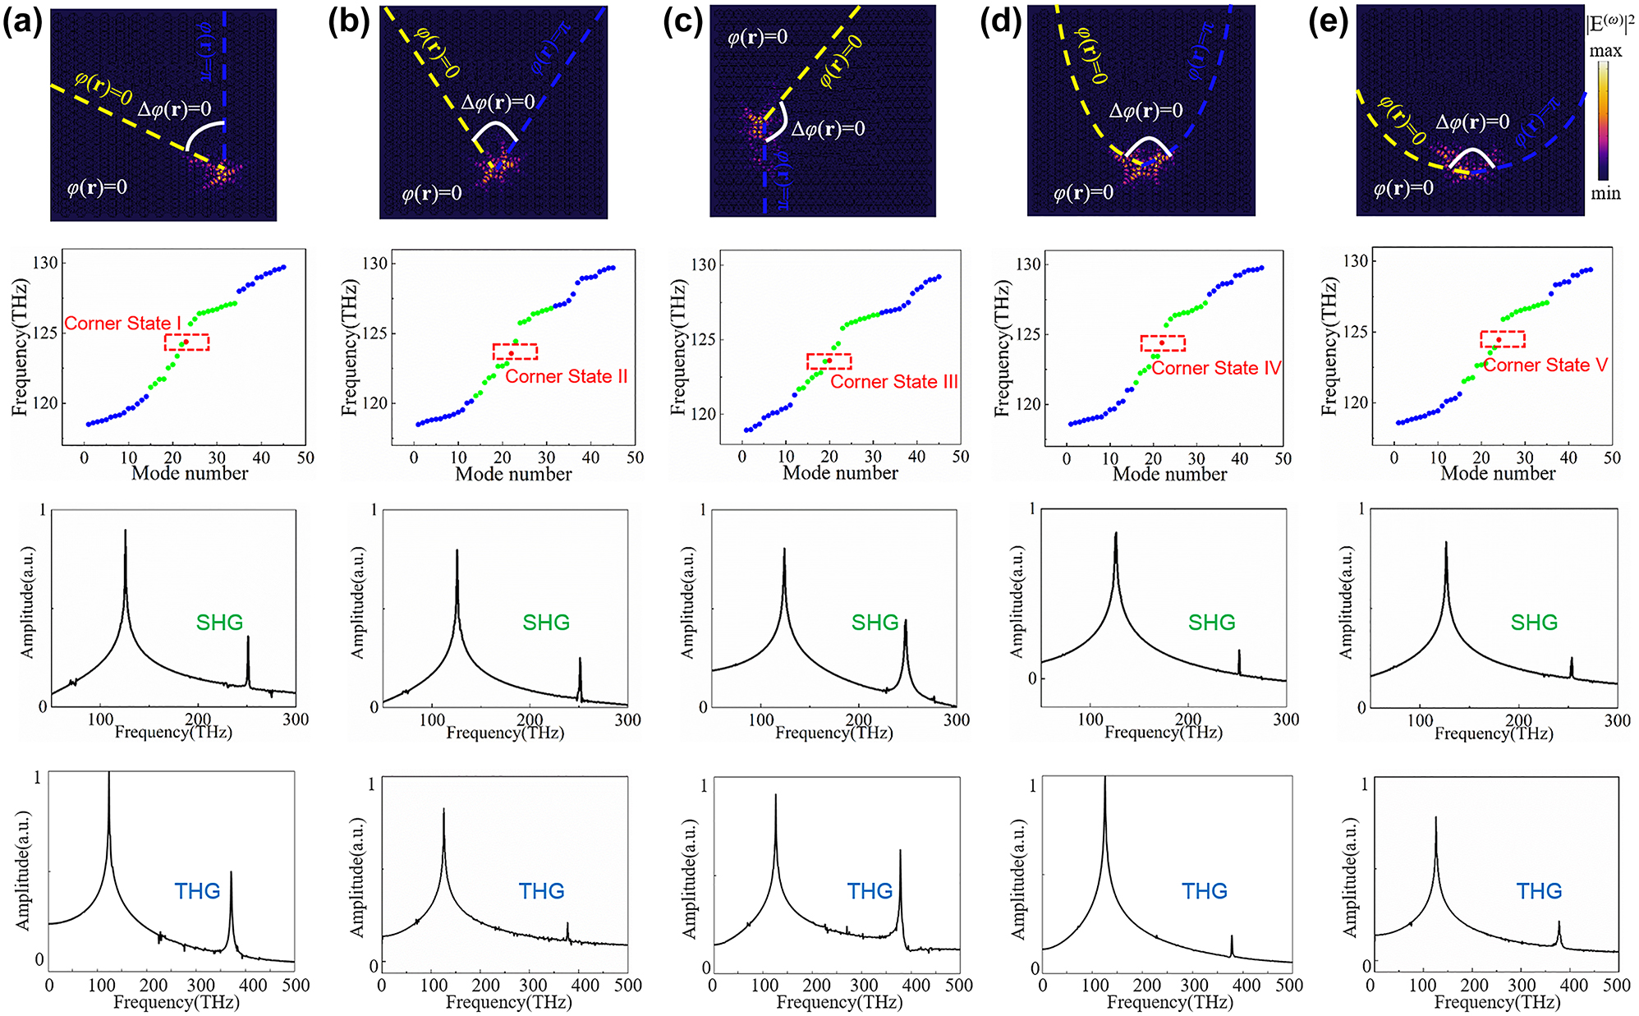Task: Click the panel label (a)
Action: (x=22, y=22)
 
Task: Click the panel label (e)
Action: (x=1327, y=22)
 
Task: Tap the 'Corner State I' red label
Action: (x=122, y=324)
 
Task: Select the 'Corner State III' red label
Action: (x=893, y=382)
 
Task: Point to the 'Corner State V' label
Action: (x=1545, y=365)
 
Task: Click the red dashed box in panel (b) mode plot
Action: (x=515, y=352)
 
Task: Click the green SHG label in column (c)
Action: (x=875, y=623)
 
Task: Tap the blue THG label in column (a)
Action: (x=197, y=891)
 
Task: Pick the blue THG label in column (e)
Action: (x=1538, y=891)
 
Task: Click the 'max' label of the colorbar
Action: (x=1605, y=51)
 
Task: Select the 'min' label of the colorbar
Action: (x=1605, y=194)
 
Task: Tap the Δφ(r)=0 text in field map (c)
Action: (x=828, y=129)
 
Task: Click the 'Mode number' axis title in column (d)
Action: (x=1169, y=474)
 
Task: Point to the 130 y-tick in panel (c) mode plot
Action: (x=703, y=264)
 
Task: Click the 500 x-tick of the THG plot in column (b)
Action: (x=627, y=985)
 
